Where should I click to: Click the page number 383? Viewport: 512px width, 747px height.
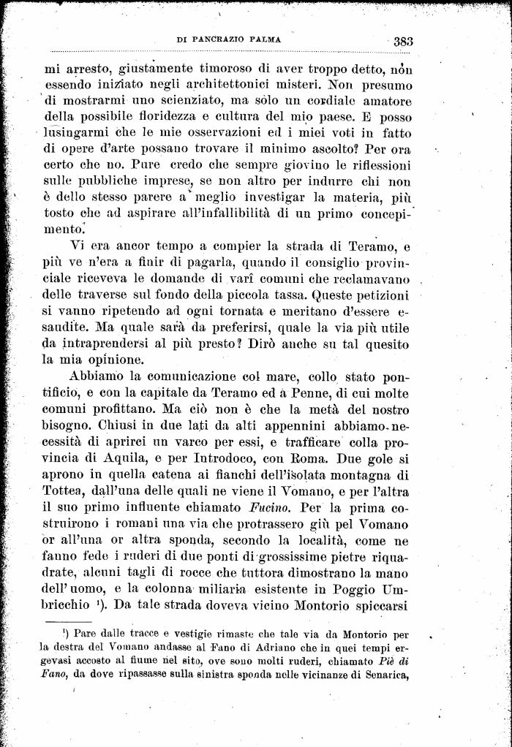[x=402, y=42]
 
